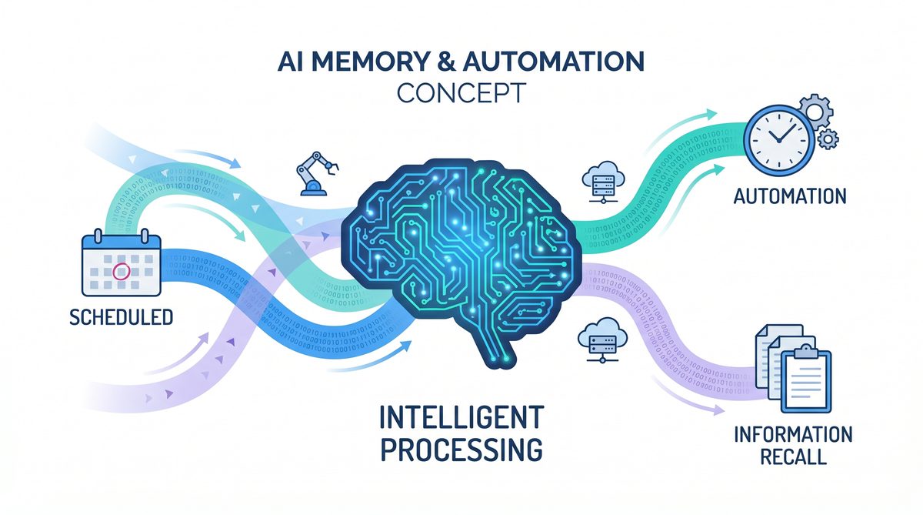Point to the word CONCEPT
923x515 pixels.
pos(462,92)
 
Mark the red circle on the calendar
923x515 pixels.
pos(119,271)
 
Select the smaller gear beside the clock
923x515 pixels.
pos(828,139)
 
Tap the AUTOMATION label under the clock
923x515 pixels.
pos(789,196)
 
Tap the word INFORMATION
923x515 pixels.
pos(792,434)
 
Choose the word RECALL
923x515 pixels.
pos(792,456)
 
